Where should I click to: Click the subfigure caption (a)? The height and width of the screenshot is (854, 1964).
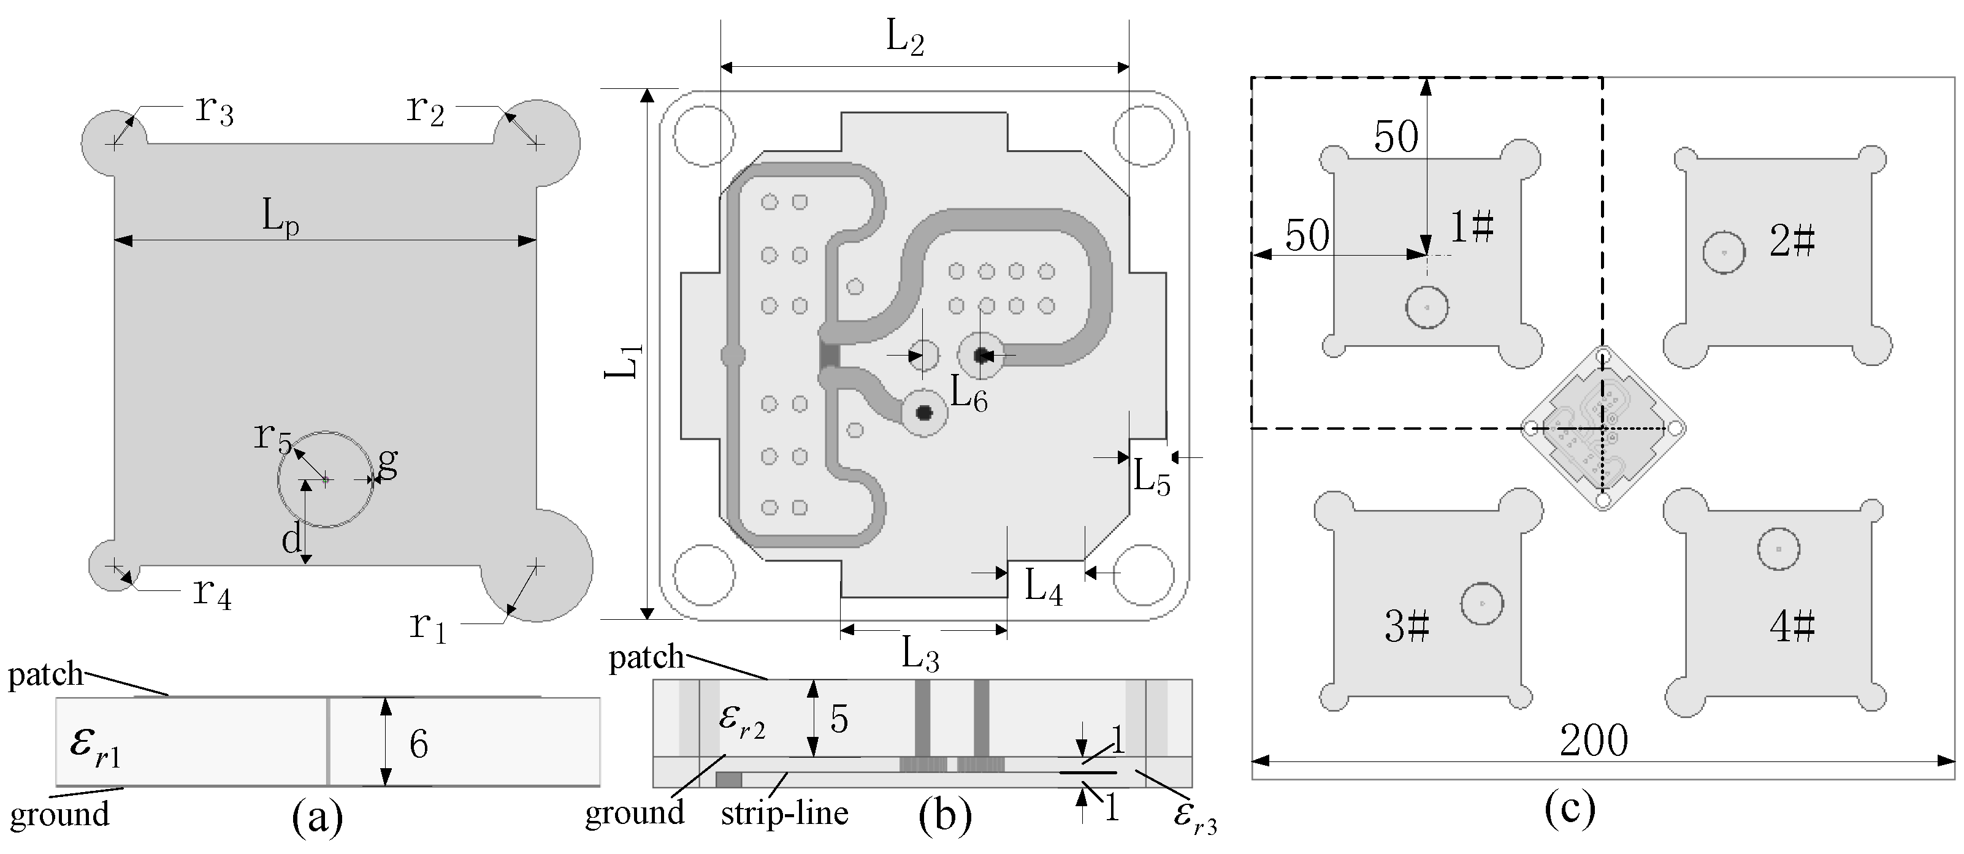coord(318,819)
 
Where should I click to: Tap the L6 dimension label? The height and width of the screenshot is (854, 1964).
coord(968,395)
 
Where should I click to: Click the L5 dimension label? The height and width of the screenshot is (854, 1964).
coord(1152,479)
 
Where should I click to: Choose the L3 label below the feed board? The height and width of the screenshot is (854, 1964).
coord(920,654)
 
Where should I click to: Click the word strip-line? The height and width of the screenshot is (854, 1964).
coord(784,814)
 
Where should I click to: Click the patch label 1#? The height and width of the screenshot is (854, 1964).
coord(1471,227)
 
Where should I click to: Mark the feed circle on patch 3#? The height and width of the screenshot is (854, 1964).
coord(1481,604)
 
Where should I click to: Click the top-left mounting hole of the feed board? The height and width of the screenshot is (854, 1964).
coord(704,135)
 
